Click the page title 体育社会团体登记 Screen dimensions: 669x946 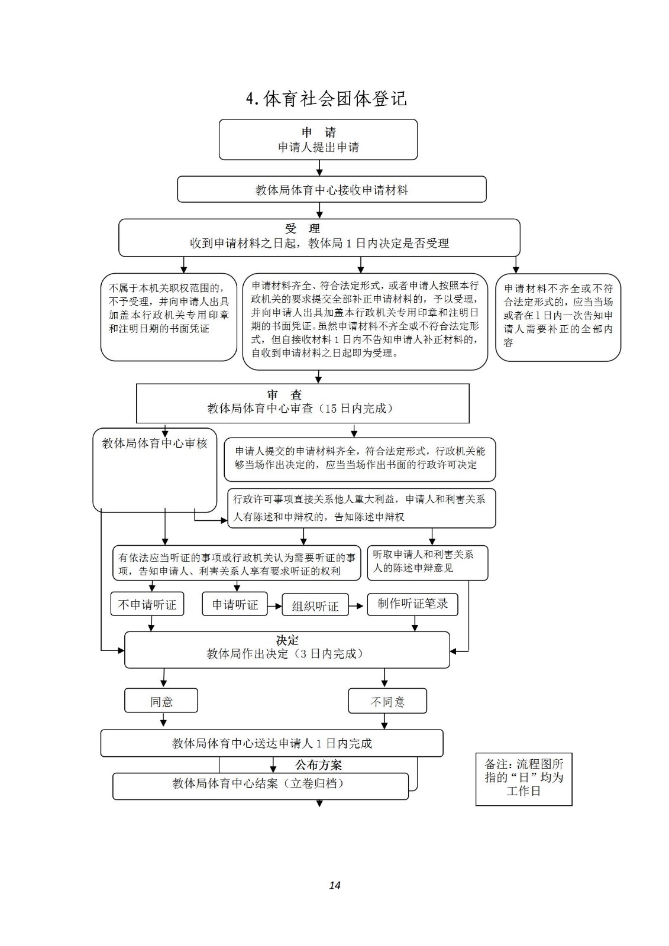point(327,99)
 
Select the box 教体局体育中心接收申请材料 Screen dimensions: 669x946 point(331,189)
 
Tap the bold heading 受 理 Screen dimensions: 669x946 point(302,228)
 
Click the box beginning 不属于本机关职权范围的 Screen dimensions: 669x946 point(169,317)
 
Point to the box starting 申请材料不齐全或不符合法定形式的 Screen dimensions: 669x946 point(558,317)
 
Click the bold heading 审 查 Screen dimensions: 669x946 point(285,395)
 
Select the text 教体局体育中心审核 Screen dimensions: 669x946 point(154,443)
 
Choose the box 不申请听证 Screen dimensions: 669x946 point(147,604)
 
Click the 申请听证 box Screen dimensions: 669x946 point(235,604)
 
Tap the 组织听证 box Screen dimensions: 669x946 point(315,605)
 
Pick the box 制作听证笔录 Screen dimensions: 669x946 point(412,604)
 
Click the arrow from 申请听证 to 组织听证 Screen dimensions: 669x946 point(274,606)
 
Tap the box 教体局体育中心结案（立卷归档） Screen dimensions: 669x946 point(260,786)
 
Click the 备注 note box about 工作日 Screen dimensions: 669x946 point(523,779)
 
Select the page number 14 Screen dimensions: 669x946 point(335,885)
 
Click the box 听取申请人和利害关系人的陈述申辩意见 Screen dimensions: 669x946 point(427,562)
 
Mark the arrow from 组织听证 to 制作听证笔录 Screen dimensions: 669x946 point(356,606)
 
